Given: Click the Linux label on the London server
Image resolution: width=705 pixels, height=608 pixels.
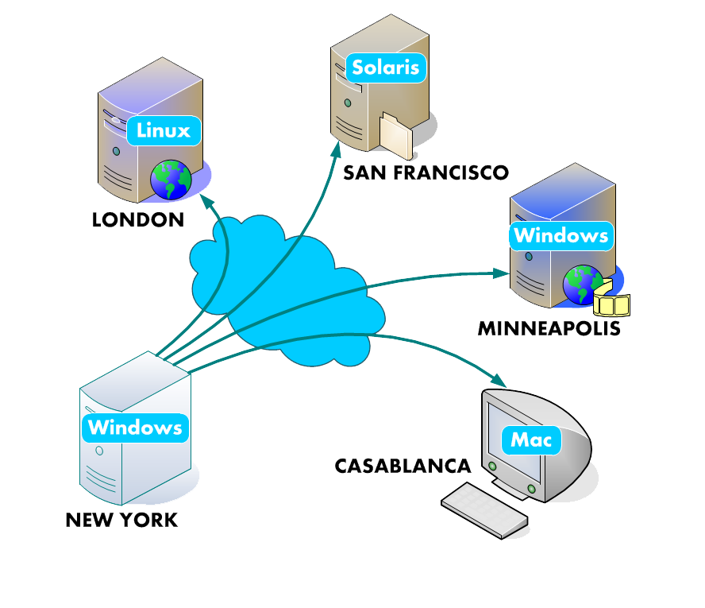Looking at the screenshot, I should [164, 130].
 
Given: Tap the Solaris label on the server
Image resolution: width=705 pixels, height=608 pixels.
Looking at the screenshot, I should [386, 67].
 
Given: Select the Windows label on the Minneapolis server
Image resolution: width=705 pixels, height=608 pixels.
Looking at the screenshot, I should [561, 235].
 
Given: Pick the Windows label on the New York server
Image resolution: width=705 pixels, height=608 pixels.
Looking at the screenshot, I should [135, 427].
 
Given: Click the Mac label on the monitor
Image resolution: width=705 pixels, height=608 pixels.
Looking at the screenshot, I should [531, 439].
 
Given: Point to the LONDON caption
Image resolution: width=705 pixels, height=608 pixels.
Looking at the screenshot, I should [138, 219].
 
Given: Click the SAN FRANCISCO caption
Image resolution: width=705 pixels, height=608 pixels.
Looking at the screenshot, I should [426, 172].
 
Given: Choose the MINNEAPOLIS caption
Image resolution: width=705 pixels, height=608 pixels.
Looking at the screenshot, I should [549, 327].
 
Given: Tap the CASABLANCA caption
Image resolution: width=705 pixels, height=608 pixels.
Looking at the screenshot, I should [403, 466].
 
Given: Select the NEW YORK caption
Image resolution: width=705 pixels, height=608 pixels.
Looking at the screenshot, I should [122, 521].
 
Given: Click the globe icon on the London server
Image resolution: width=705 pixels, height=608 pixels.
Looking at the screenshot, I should [171, 180].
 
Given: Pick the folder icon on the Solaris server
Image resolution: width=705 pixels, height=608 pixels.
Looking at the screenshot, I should [395, 134].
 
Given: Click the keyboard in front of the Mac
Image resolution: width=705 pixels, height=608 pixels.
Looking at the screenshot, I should [485, 509].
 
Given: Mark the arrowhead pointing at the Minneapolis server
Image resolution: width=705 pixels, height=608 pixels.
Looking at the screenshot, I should [500, 273].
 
